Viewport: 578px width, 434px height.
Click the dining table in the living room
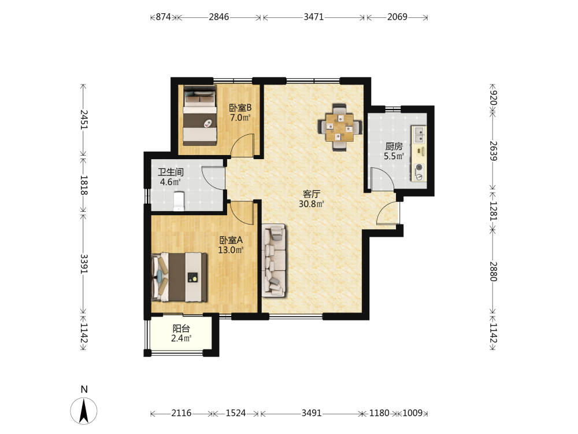(x=339, y=127)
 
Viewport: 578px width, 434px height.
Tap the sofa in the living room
(x=274, y=260)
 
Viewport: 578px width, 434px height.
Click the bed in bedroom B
(x=199, y=115)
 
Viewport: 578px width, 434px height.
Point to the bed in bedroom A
(x=180, y=277)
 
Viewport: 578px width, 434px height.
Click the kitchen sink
(x=419, y=134)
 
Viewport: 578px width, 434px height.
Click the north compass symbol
(x=84, y=411)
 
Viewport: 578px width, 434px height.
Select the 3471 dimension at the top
(x=314, y=17)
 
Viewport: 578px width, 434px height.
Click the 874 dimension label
(x=164, y=17)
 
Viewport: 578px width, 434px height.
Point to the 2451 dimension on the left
(x=84, y=120)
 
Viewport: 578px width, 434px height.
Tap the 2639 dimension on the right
(x=493, y=151)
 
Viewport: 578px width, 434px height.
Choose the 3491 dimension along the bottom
(x=312, y=413)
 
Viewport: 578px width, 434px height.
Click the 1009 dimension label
(x=413, y=413)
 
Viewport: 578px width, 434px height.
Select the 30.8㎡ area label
(x=312, y=204)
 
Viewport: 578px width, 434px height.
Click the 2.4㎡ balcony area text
(x=181, y=338)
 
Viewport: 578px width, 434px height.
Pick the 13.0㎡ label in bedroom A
(x=231, y=250)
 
